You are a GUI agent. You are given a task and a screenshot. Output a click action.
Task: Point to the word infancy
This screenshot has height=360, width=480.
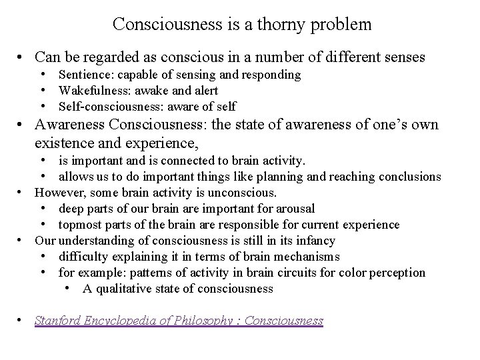click(x=314, y=241)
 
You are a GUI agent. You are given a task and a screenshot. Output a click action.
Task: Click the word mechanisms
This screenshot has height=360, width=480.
click(x=305, y=257)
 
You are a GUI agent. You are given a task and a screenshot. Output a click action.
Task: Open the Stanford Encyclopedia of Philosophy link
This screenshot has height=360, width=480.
click(x=179, y=321)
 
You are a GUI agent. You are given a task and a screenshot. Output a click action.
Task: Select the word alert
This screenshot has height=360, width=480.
click(x=203, y=91)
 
